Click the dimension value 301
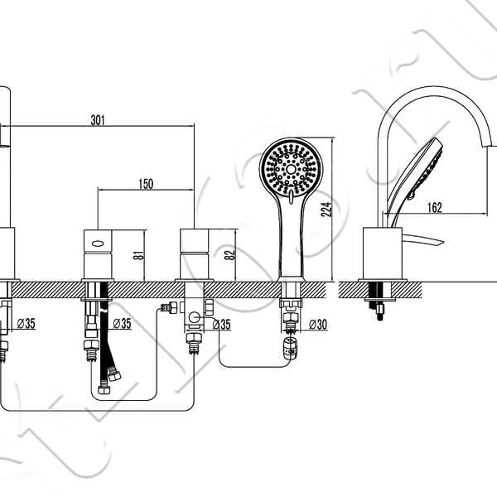pyautogui.click(x=98, y=120)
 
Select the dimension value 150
pyautogui.click(x=146, y=184)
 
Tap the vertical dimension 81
pyautogui.click(x=138, y=255)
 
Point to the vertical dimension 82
pyautogui.click(x=229, y=255)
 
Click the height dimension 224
pyautogui.click(x=326, y=210)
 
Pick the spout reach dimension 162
pyautogui.click(x=435, y=208)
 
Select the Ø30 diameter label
pyautogui.click(x=317, y=324)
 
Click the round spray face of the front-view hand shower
pyautogui.click(x=291, y=169)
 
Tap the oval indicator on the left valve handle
pyautogui.click(x=98, y=244)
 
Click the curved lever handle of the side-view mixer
pyautogui.click(x=423, y=239)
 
